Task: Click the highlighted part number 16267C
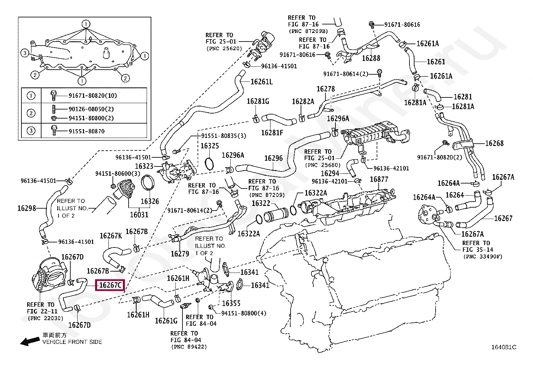pos(110,285)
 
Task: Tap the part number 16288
pos(371,58)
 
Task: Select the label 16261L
pos(262,82)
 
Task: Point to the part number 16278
pos(325,89)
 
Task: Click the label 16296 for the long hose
pos(274,158)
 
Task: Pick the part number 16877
pos(379,179)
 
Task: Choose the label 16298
pos(27,208)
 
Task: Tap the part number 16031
pos(139,215)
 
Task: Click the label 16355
pos(231,303)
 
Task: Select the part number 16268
pos(494,143)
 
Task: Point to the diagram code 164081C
pos(504,347)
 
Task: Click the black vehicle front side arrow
pos(30,341)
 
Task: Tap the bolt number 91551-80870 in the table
pos(87,131)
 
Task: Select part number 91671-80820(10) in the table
pos(93,95)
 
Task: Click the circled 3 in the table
pos(31,131)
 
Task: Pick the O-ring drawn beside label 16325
pos(209,164)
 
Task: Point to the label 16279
pos(180,254)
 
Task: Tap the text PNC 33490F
pos(483,256)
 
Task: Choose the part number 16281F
pos(272,133)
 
